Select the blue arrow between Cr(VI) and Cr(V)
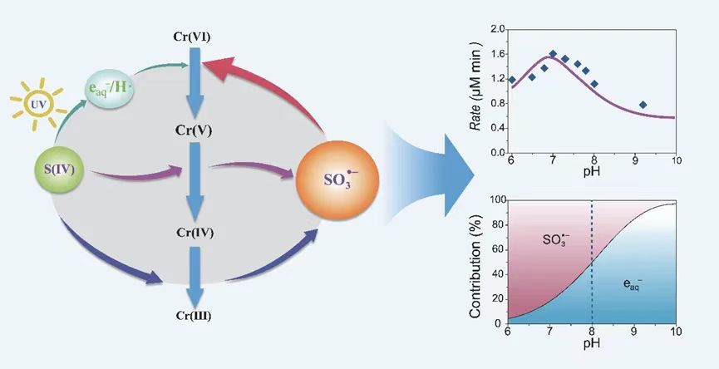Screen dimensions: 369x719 (x=195, y=83)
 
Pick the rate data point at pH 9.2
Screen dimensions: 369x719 (x=643, y=105)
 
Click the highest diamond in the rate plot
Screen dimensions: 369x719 (x=553, y=54)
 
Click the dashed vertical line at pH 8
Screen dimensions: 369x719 (x=591, y=249)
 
